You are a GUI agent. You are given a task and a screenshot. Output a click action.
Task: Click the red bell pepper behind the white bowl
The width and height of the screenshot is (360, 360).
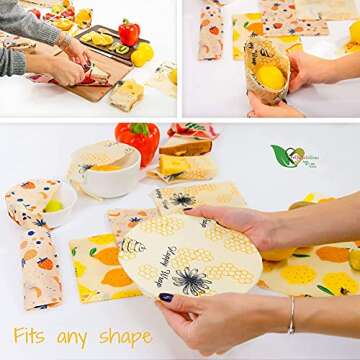[138, 140]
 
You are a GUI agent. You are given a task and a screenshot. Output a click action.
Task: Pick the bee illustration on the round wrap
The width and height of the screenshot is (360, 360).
[133, 246]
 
